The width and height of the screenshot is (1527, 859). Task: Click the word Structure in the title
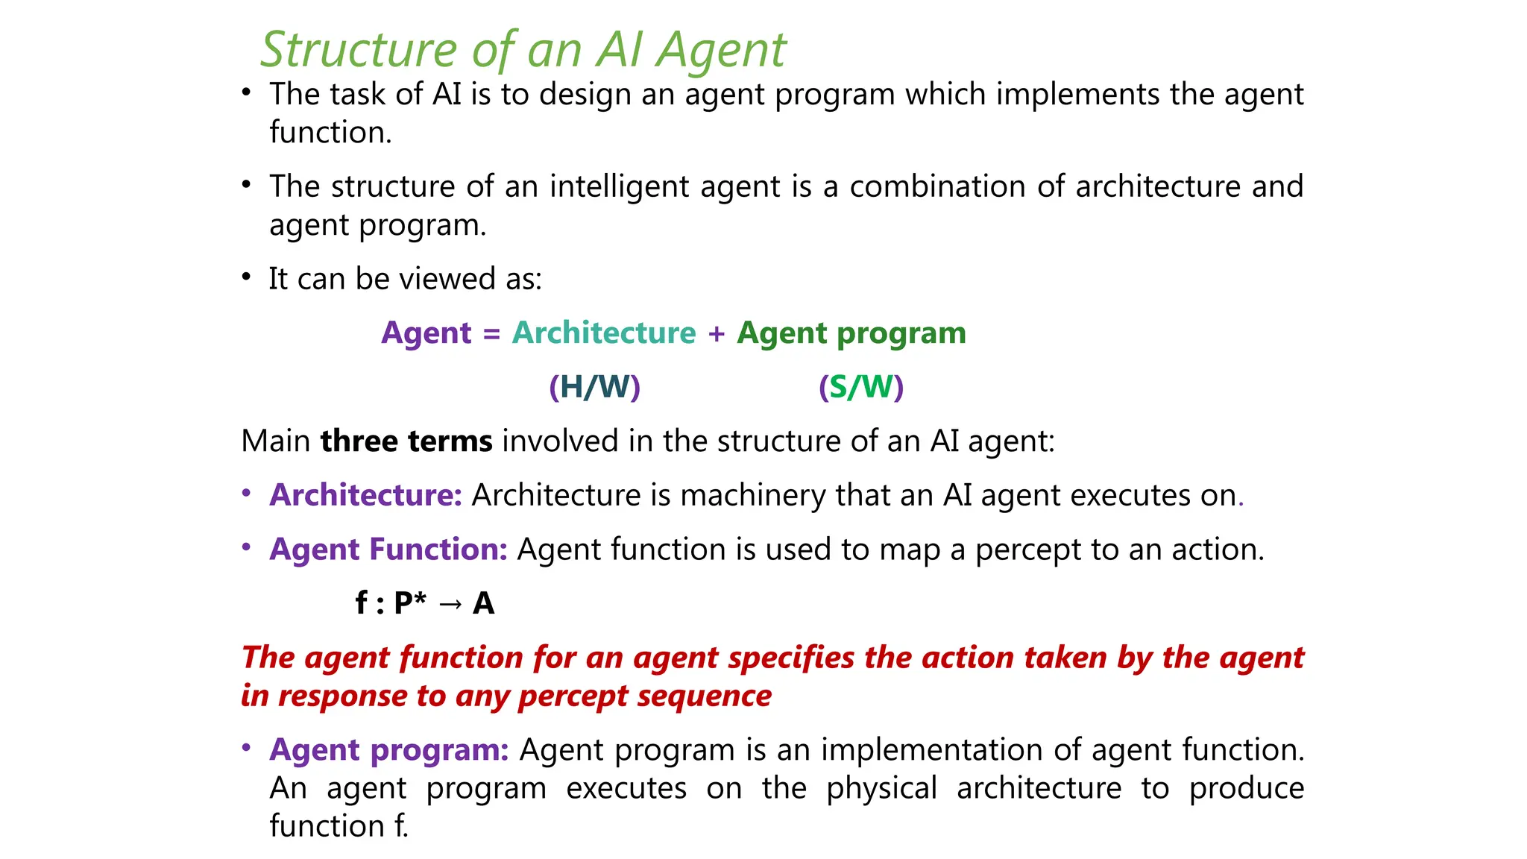359,51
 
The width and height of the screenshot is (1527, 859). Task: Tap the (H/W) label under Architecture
594,387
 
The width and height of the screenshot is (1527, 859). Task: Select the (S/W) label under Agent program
860,387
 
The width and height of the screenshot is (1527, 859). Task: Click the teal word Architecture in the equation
603,333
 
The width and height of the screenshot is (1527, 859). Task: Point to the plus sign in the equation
717,333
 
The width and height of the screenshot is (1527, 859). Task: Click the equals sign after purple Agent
491,333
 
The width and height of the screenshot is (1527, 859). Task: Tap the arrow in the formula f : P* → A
450,603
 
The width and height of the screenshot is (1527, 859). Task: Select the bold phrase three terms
406,441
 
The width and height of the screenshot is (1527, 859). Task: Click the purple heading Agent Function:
388,550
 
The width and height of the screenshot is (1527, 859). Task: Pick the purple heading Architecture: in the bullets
366,495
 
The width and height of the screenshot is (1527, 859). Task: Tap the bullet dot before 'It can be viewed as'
246,277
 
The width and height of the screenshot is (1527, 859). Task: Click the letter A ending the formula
483,603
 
